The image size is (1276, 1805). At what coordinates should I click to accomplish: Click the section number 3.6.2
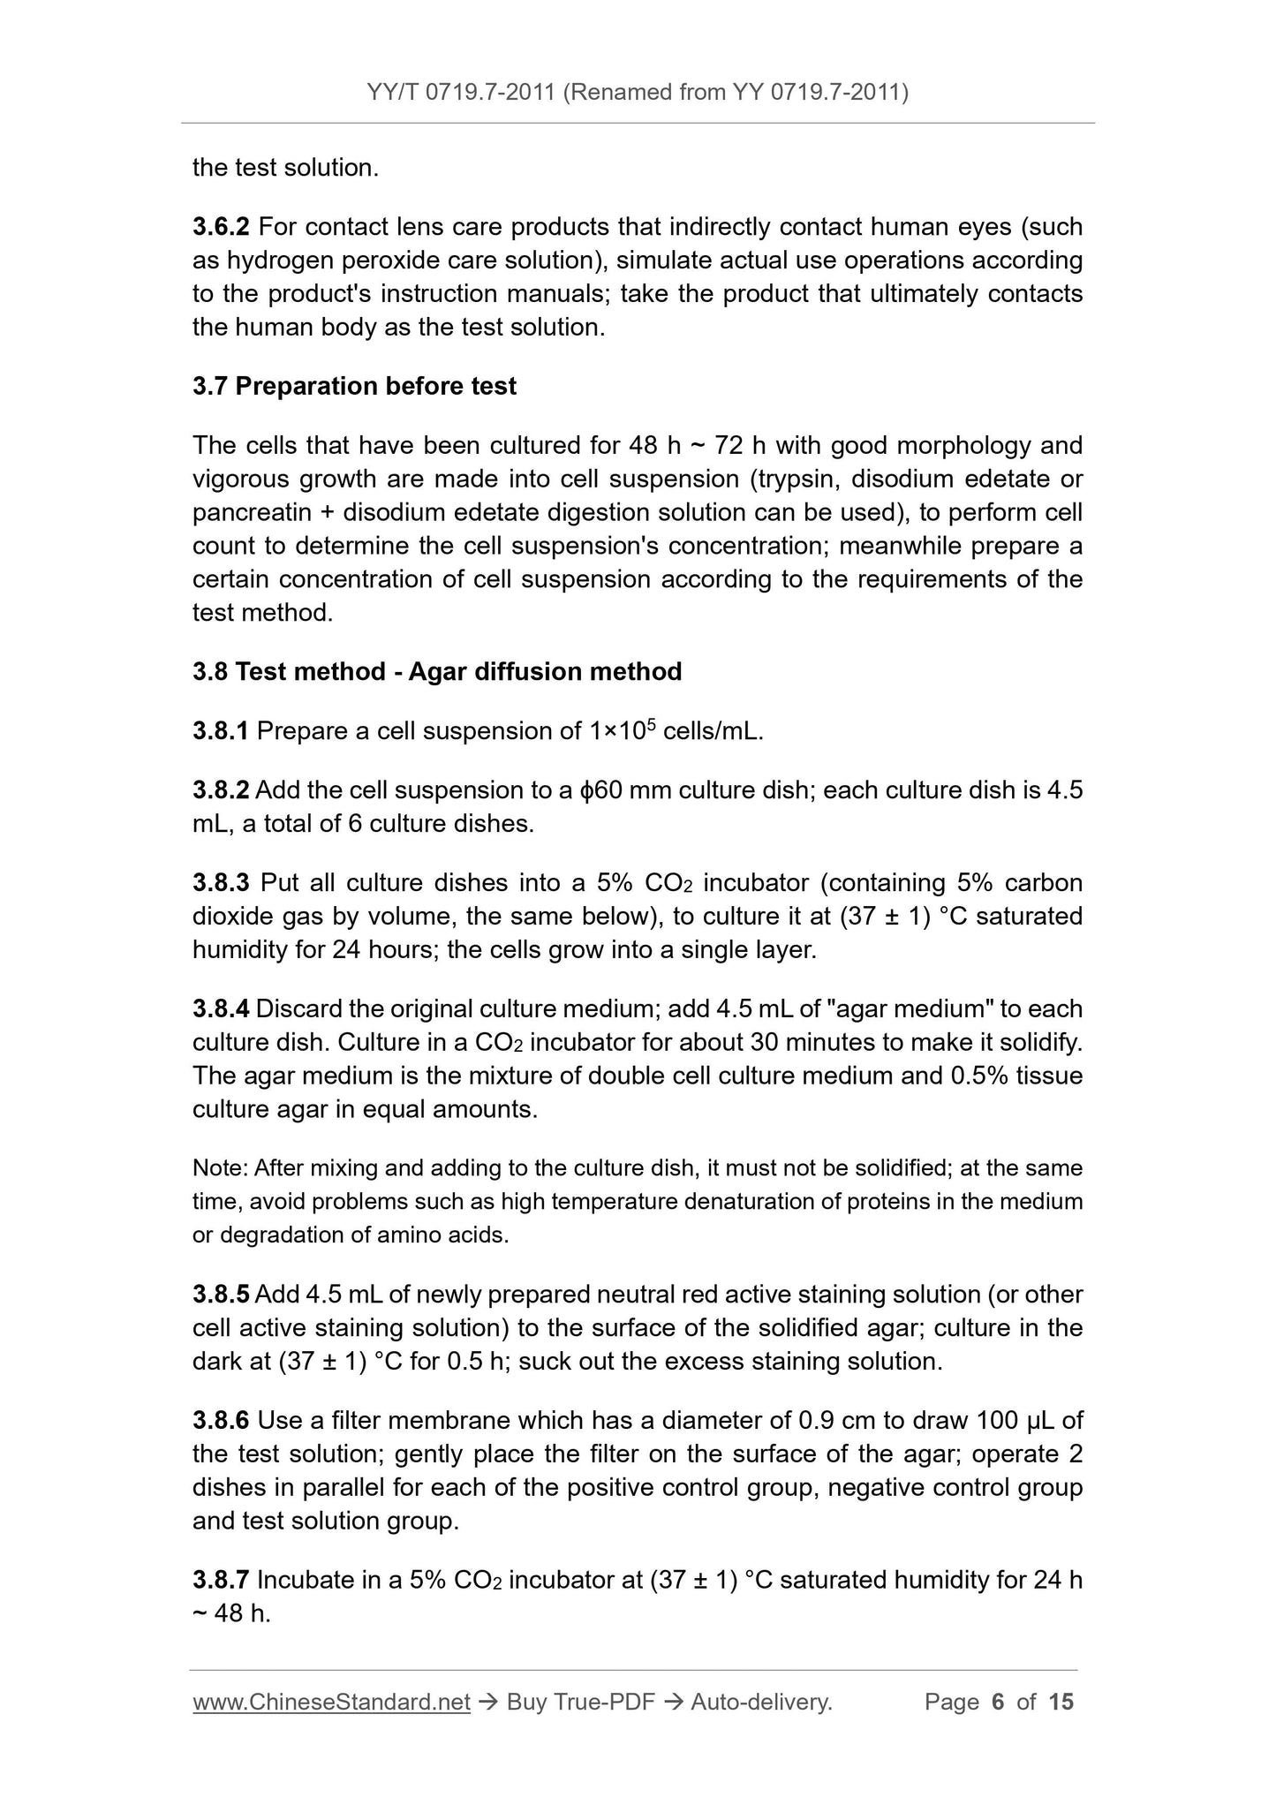221,227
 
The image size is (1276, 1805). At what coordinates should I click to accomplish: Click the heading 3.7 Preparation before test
354,386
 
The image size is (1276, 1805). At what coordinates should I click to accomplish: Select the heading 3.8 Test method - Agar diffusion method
437,671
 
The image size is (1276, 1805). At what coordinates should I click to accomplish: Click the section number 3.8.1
221,730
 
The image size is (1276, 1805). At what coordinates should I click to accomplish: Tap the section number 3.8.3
221,882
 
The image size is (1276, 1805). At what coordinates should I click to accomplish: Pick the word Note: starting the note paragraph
220,1168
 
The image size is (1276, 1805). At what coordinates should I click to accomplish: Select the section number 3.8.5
221,1294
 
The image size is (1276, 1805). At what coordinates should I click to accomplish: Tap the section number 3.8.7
221,1579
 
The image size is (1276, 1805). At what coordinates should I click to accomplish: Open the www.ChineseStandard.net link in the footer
331,1702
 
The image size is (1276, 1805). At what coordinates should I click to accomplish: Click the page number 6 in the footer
999,1702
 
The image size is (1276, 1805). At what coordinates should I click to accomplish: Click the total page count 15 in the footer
1061,1702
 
